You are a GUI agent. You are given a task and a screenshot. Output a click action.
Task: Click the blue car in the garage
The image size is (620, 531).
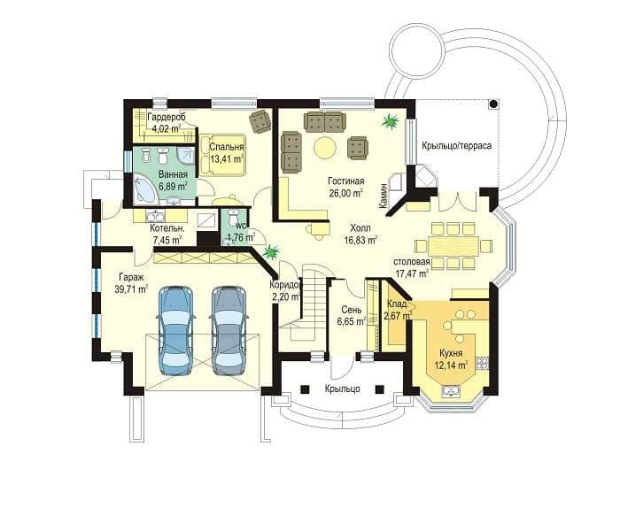175,330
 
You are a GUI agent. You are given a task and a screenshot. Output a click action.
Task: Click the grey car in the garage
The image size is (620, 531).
229,330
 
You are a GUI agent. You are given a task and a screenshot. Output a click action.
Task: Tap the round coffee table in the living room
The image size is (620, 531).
325,148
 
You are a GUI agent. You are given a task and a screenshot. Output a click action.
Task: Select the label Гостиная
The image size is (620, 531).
346,181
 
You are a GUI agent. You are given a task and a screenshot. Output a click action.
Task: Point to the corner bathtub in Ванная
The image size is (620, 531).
146,191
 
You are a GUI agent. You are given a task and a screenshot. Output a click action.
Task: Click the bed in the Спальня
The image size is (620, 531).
222,155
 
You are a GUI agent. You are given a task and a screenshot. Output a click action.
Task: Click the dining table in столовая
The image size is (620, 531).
453,245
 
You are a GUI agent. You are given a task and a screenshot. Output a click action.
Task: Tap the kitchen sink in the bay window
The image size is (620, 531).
450,391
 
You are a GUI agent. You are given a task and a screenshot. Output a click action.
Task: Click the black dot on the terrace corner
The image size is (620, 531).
493,104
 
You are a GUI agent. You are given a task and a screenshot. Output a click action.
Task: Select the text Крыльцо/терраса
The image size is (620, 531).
456,145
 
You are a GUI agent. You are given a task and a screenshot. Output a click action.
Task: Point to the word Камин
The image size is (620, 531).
383,196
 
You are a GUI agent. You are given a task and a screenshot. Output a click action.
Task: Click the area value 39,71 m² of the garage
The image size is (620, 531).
131,289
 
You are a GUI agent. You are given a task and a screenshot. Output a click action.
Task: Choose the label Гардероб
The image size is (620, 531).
167,117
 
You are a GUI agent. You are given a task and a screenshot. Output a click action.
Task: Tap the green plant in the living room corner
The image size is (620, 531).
390,120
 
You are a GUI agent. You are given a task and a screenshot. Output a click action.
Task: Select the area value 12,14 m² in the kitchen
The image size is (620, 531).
451,365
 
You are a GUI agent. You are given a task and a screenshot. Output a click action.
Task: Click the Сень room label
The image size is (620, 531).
351,310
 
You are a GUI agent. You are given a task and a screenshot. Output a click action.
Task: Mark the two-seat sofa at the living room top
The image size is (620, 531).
325,121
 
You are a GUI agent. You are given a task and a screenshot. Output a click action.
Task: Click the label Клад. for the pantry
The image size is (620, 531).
398,304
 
